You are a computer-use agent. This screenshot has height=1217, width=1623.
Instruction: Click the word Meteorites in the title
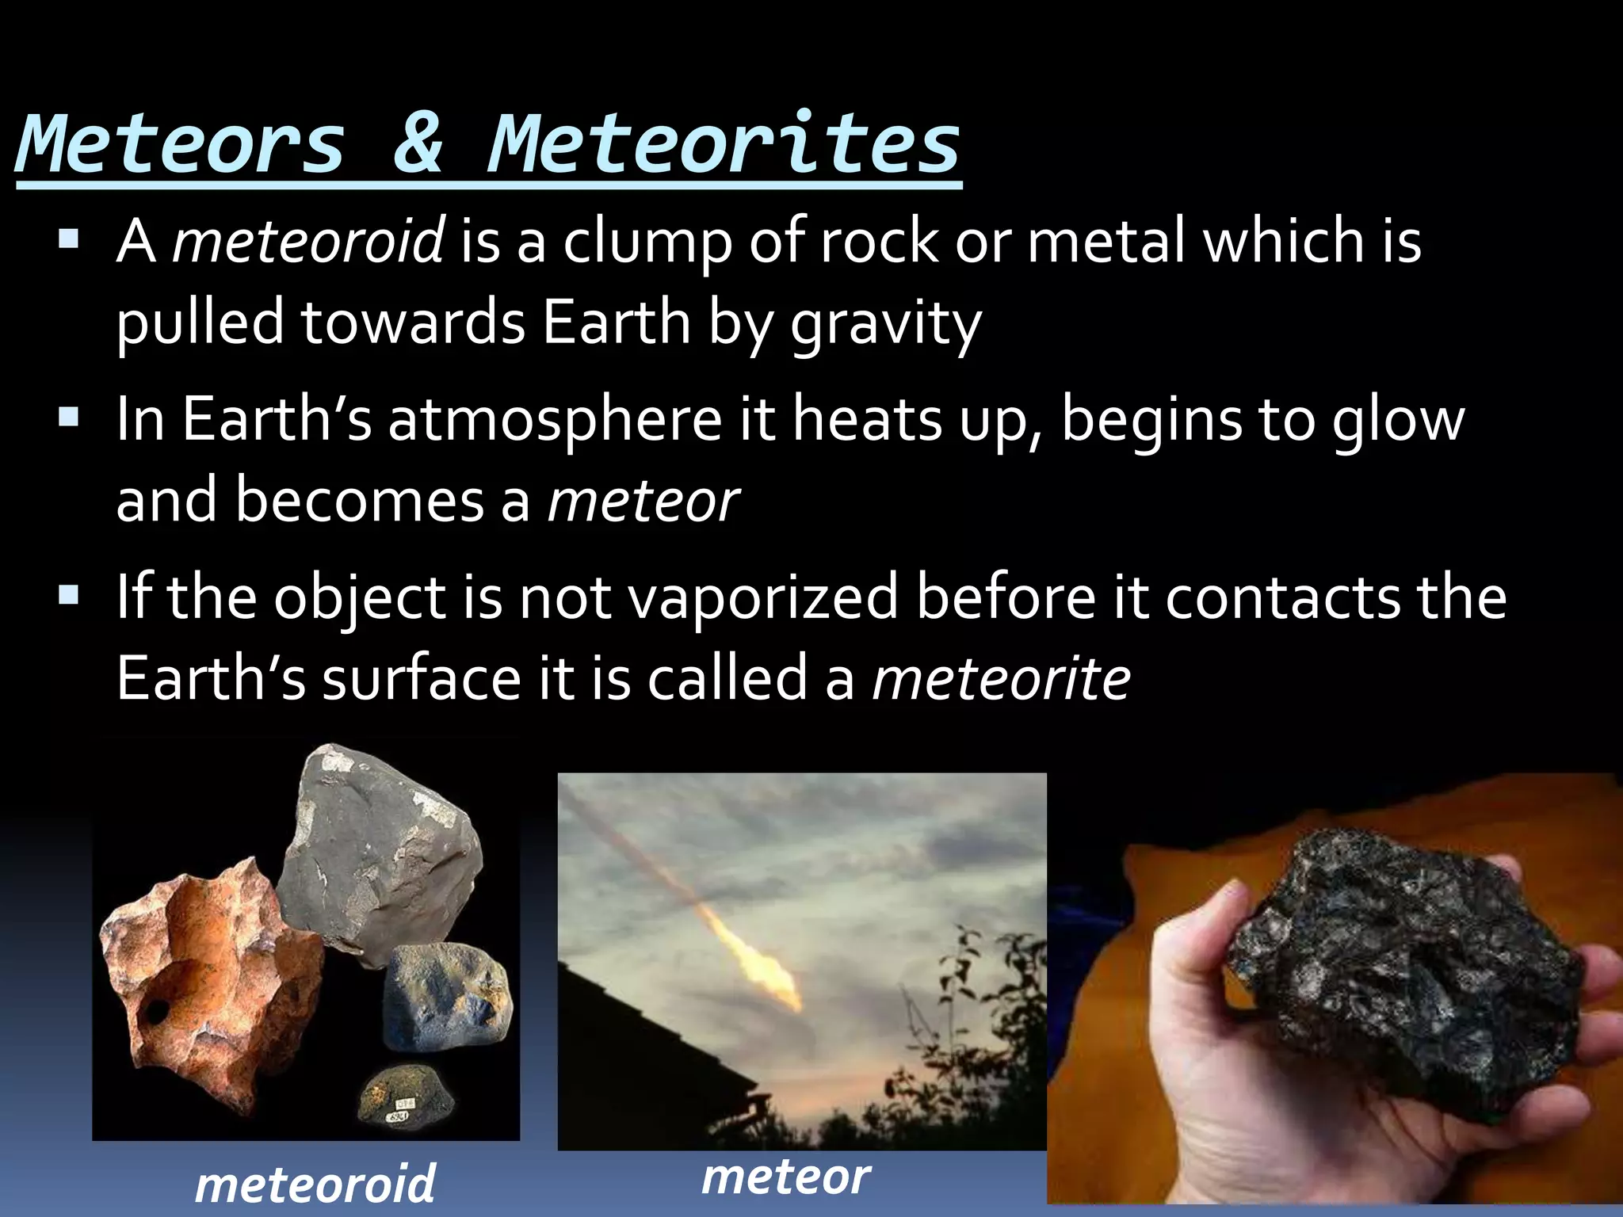tap(723, 144)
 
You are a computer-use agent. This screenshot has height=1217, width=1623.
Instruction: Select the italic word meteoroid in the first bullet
tap(308, 241)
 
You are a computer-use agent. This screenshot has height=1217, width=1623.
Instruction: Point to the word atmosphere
tap(555, 420)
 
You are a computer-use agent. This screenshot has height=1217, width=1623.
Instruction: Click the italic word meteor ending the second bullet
tap(643, 503)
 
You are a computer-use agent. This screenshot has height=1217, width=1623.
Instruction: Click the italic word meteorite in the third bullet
tap(1001, 680)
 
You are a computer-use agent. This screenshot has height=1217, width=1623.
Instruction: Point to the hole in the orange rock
tap(156, 1012)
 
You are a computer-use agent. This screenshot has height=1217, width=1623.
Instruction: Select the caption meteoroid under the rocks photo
tap(315, 1185)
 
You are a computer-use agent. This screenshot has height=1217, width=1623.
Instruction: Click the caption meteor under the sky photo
tap(785, 1178)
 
